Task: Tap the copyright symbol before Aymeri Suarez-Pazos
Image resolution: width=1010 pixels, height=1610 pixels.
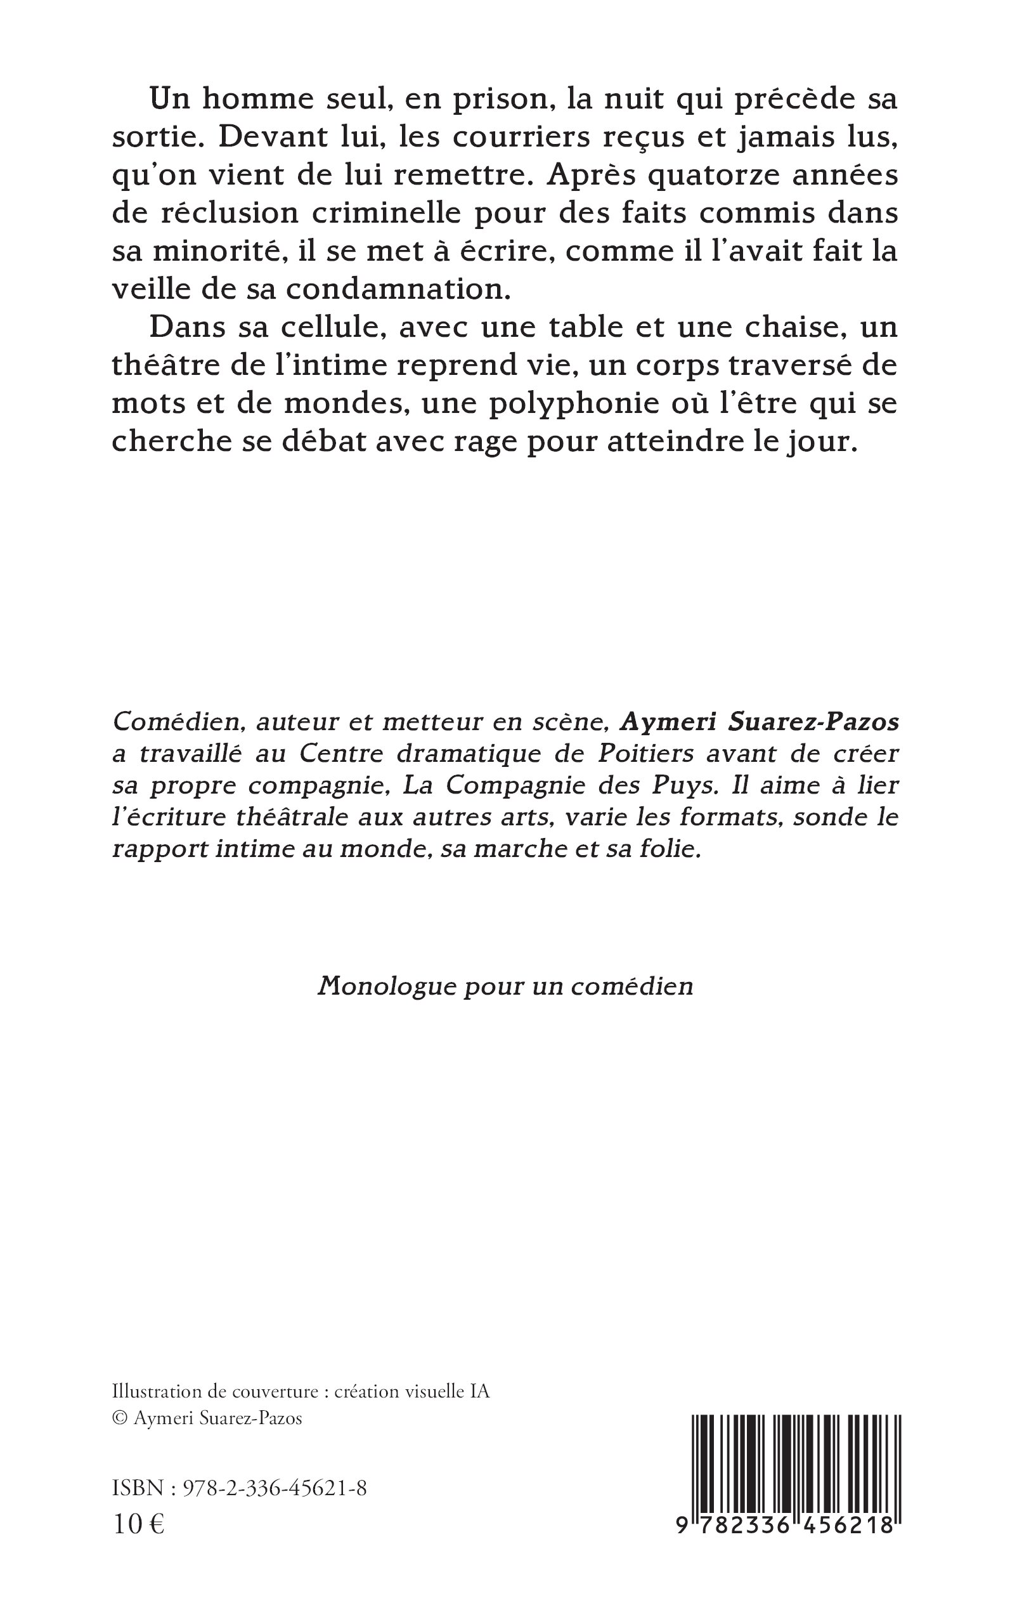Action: (x=120, y=1418)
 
